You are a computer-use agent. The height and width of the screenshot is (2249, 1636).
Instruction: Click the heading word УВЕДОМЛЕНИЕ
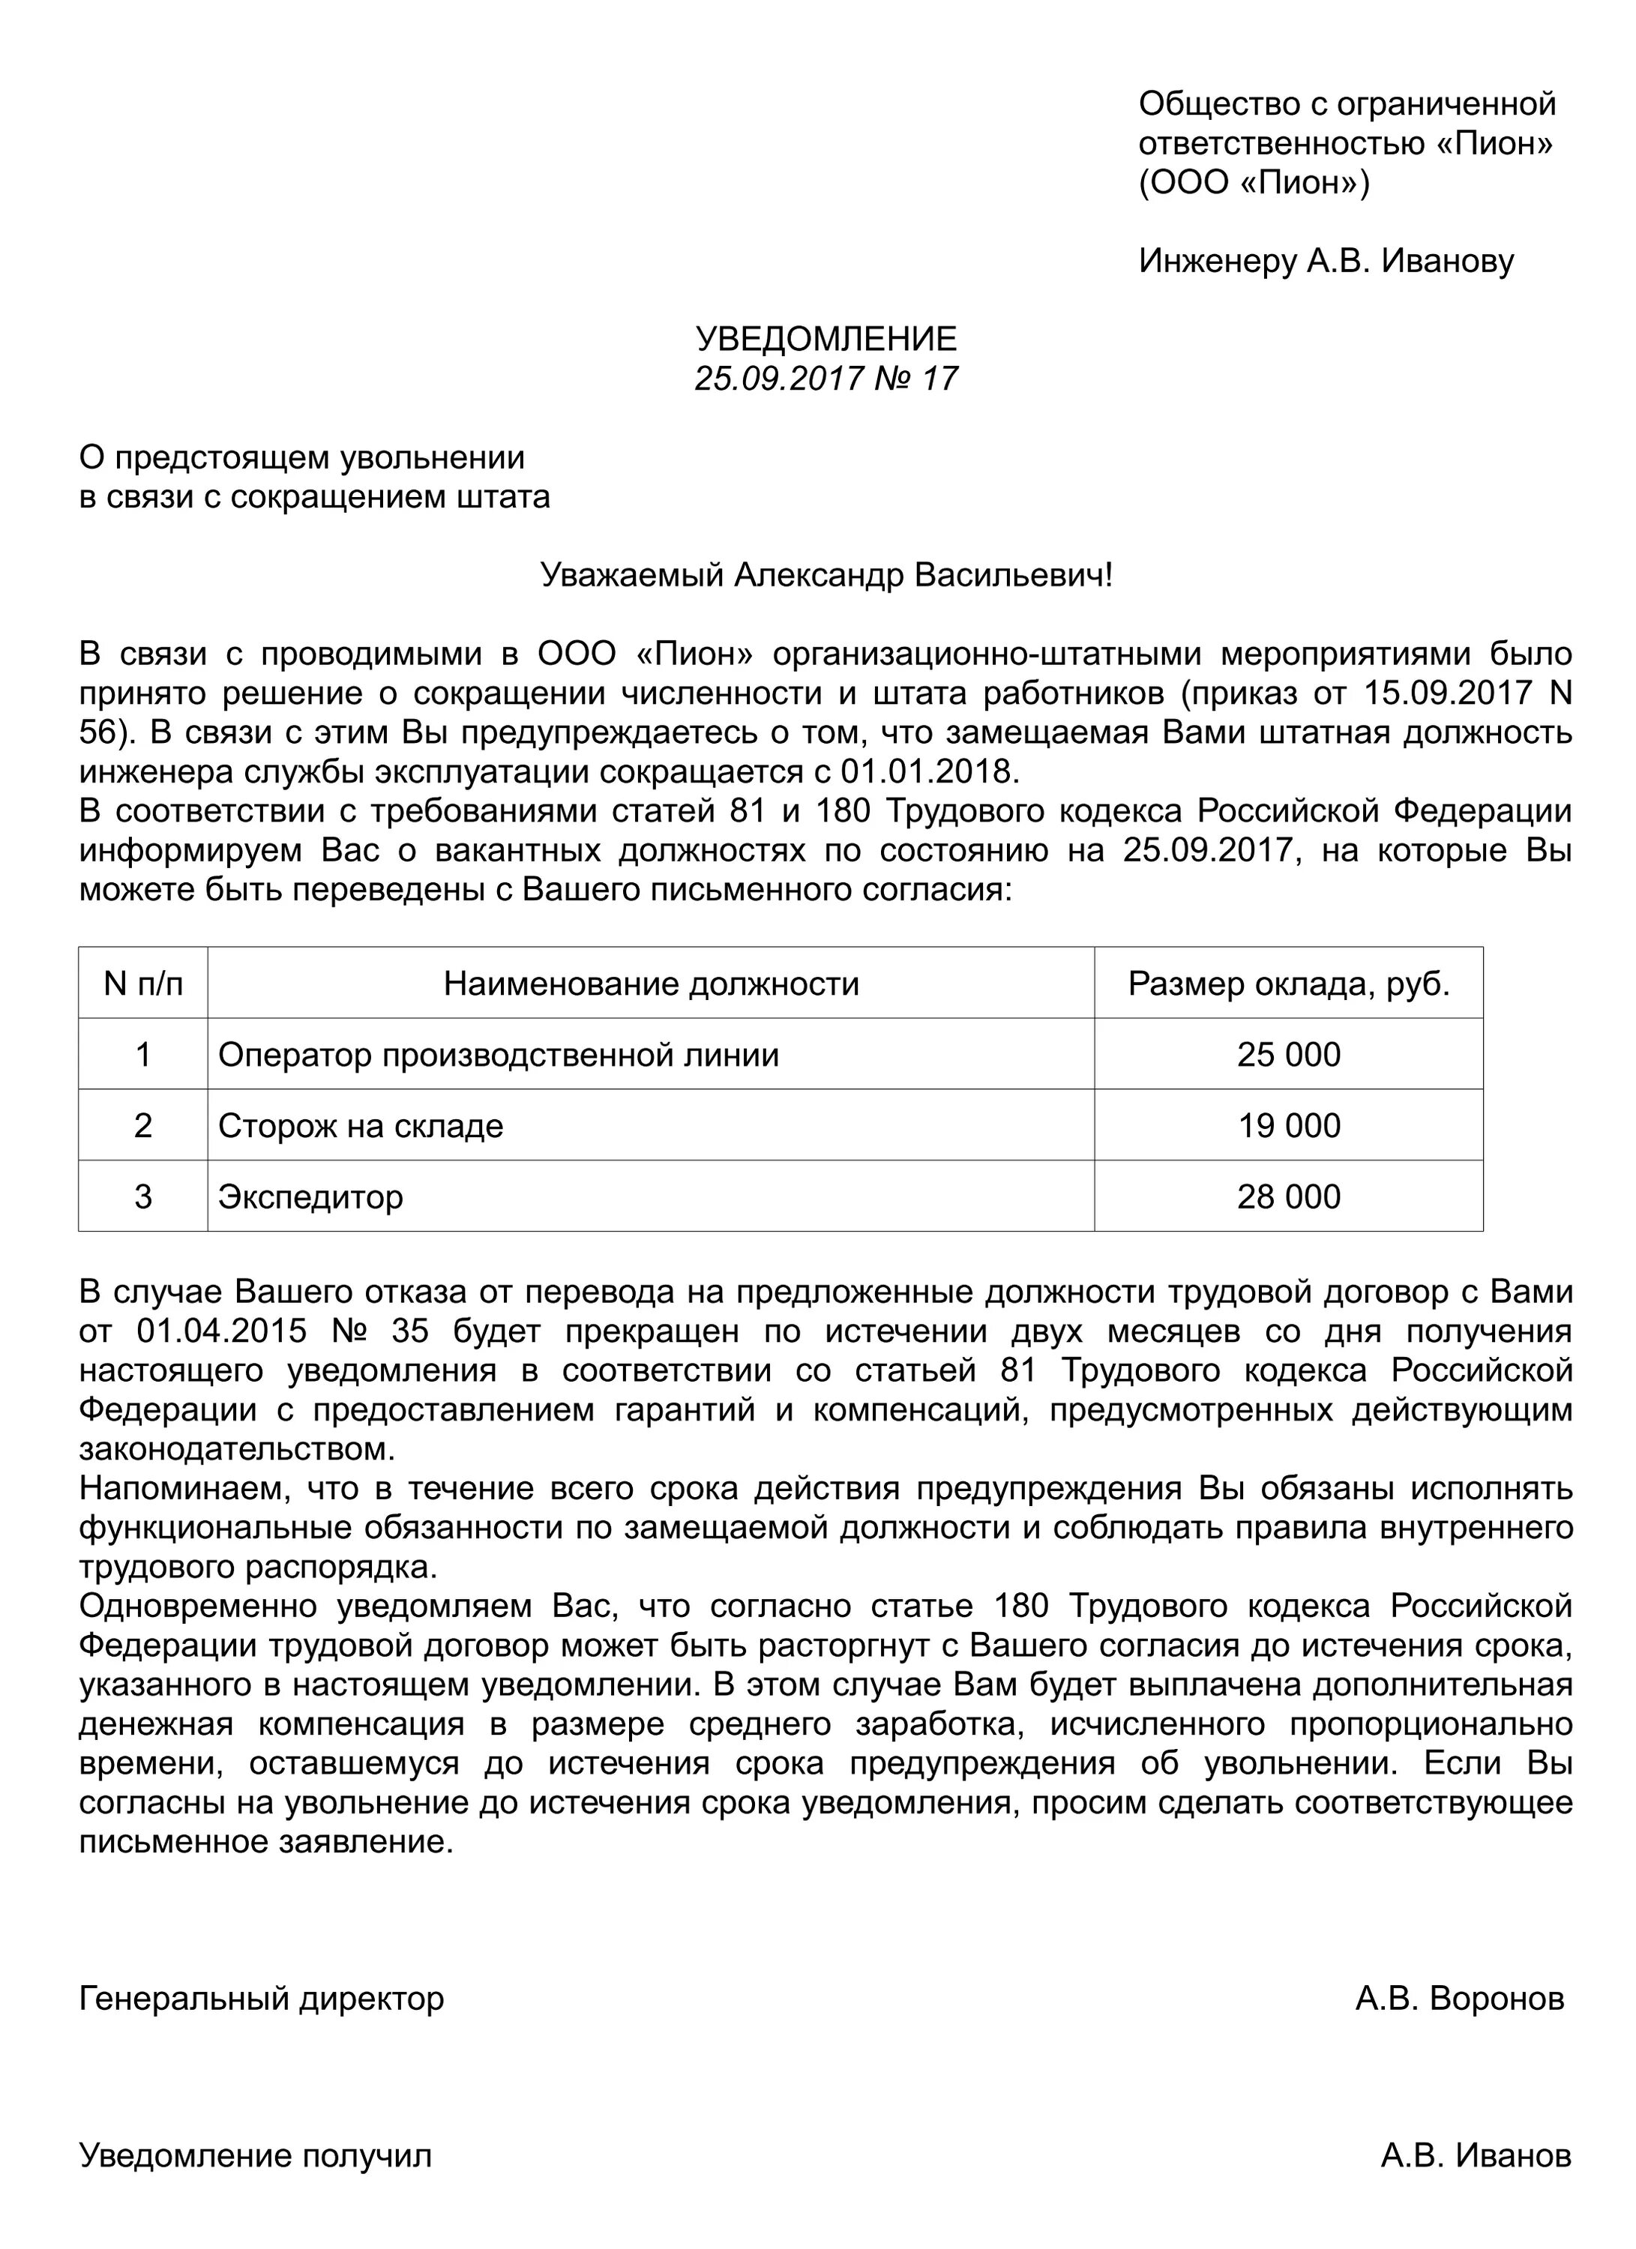coord(826,339)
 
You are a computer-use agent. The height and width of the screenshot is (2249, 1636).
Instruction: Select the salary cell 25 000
coord(1288,1054)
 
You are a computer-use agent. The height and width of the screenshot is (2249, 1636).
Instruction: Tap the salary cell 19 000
coord(1288,1125)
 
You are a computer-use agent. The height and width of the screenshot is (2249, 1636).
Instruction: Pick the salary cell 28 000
coord(1288,1197)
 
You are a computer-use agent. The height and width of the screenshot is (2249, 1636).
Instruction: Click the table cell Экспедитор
coord(310,1197)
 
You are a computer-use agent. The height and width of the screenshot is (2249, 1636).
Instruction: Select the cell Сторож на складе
coord(361,1125)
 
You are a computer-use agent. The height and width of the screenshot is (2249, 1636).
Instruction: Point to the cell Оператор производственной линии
coord(499,1054)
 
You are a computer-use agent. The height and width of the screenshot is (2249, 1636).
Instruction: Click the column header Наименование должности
coord(651,984)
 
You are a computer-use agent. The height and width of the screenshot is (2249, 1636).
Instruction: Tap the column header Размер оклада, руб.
coord(1288,984)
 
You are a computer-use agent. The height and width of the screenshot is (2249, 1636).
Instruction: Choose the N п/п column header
coord(142,984)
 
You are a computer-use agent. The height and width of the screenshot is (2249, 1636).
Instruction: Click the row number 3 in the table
coord(142,1197)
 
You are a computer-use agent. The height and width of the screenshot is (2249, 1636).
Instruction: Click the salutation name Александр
coord(818,575)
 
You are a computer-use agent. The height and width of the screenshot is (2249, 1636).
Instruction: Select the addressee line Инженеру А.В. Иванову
coord(1326,261)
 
